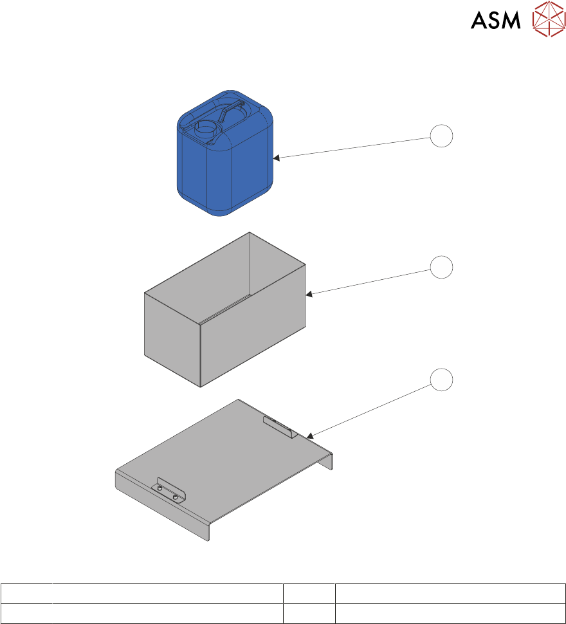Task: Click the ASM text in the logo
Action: tap(496, 20)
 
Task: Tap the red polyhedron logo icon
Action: tap(549, 18)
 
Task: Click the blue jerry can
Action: tap(225, 153)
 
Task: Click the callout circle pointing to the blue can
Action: tap(441, 136)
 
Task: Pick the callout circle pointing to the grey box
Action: tap(441, 267)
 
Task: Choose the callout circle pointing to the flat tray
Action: tap(441, 380)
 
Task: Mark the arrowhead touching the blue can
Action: tap(276, 158)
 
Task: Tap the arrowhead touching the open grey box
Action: tap(309, 294)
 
